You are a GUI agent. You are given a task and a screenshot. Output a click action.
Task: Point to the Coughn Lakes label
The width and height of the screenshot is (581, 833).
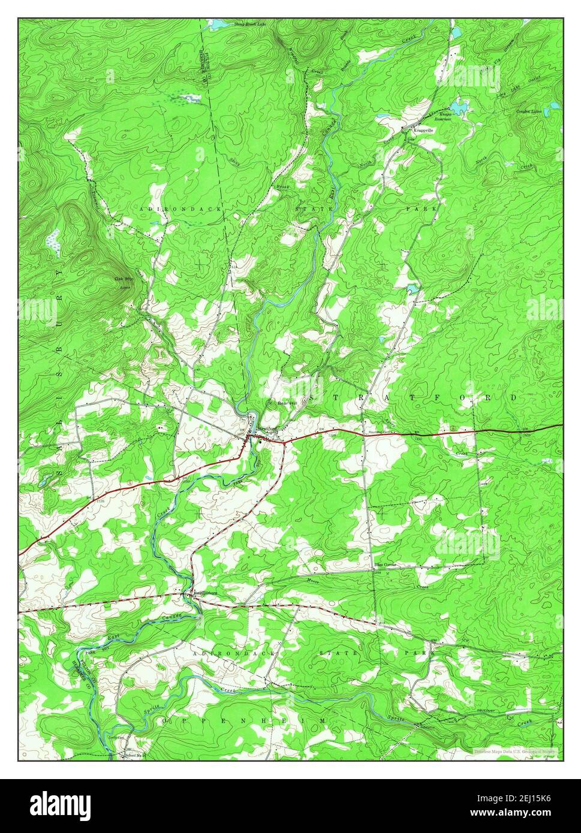coord(529,111)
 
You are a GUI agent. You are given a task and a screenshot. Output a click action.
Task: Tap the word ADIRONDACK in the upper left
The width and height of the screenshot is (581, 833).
coord(180,208)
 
